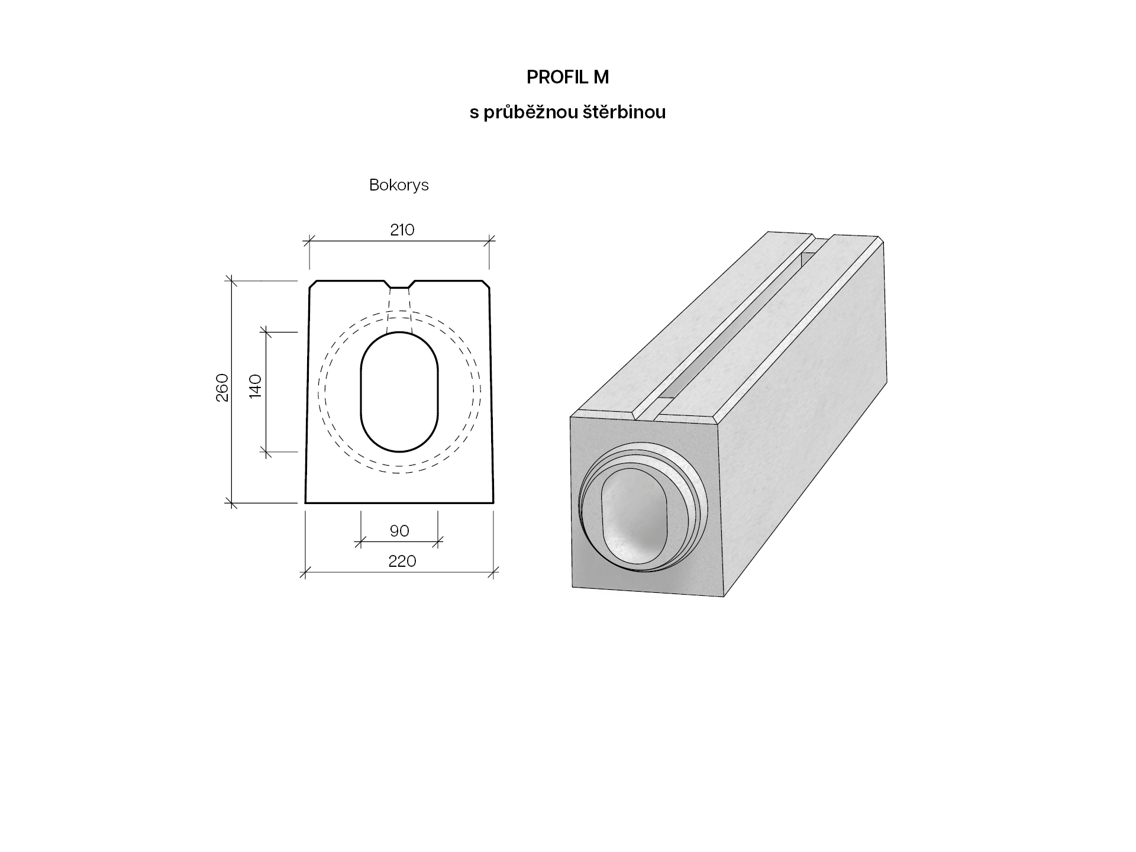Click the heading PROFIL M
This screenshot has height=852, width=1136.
coord(567,77)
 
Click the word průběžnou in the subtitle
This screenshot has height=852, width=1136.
coord(531,112)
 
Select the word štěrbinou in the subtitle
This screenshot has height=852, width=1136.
coord(625,112)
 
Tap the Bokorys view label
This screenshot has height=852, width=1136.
coord(399,185)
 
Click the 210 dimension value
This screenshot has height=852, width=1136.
coord(402,230)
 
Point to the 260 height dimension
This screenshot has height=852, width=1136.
coord(222,388)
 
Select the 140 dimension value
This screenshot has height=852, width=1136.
coord(256,386)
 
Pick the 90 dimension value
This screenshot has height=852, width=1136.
coord(399,531)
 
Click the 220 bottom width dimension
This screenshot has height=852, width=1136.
coord(402,561)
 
